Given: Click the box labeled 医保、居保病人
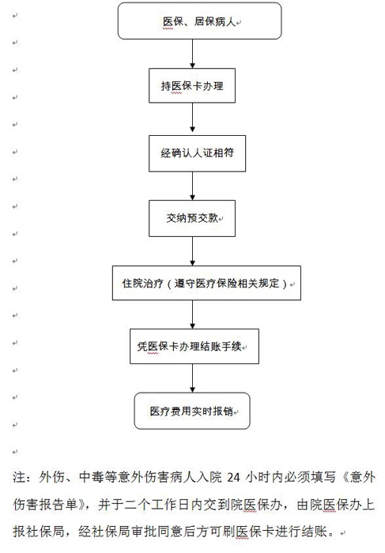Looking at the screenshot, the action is pos(200,21).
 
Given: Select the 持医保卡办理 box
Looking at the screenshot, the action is pos(192,85).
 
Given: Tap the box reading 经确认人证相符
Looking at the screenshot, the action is pos(198,153).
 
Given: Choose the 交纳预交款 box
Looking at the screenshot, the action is pos(192,218).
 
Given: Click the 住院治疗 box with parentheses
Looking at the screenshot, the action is pos(207,283).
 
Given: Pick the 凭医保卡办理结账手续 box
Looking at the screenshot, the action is pos(194,346).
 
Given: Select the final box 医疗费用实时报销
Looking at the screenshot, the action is pos(192,411).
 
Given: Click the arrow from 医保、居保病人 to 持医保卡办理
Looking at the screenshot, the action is pos(192,54).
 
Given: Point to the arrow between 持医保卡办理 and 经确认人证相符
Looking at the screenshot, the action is pos(192,118).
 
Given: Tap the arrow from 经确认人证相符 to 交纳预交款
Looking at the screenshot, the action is pos(192,186).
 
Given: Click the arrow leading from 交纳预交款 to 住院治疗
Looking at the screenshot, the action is pos(192,251).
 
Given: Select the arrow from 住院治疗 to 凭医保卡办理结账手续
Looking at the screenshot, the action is pos(192,314).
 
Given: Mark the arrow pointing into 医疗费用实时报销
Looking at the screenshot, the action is pos(192,378).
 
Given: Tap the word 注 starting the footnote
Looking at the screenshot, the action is pos(20,477).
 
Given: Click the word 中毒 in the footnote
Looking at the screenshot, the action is pos(92,477).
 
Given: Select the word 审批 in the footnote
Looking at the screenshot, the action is pos(143,531).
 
